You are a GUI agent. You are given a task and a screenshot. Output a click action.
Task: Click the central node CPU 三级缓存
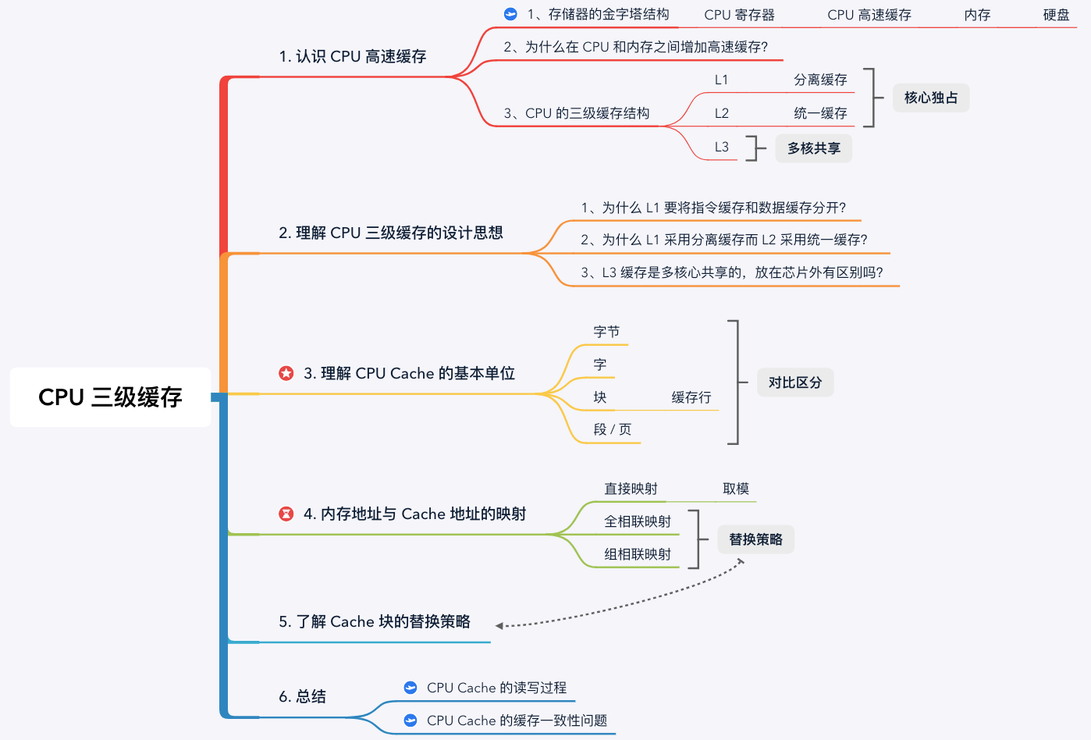(110, 397)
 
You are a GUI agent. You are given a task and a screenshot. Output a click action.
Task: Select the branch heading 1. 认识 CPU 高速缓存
(353, 57)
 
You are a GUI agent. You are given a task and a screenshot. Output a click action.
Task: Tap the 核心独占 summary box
(930, 98)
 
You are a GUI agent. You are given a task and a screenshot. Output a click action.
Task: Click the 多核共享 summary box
(813, 148)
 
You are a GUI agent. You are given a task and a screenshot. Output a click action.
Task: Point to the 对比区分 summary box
(794, 382)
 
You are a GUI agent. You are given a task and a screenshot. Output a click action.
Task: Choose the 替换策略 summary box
(755, 539)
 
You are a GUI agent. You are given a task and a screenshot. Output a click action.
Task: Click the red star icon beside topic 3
(286, 373)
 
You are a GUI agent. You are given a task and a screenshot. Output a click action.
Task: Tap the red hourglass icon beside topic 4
(286, 514)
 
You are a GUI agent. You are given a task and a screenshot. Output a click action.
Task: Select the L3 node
(721, 147)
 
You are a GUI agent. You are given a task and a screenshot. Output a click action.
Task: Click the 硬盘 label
(1056, 15)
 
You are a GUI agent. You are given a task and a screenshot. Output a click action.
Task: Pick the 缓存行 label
(691, 397)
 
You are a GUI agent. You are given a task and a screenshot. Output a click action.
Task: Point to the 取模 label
(735, 489)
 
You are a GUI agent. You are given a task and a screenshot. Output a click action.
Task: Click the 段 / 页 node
(612, 429)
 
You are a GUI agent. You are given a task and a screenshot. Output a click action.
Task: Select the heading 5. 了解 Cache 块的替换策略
(375, 621)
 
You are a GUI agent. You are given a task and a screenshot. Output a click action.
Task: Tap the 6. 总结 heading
(303, 696)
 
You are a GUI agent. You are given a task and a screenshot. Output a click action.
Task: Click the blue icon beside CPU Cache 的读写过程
(410, 688)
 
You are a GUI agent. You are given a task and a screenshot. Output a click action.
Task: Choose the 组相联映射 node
(637, 554)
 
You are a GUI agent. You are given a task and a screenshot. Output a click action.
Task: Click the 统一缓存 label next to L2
(820, 113)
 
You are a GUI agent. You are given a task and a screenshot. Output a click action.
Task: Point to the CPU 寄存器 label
(739, 15)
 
